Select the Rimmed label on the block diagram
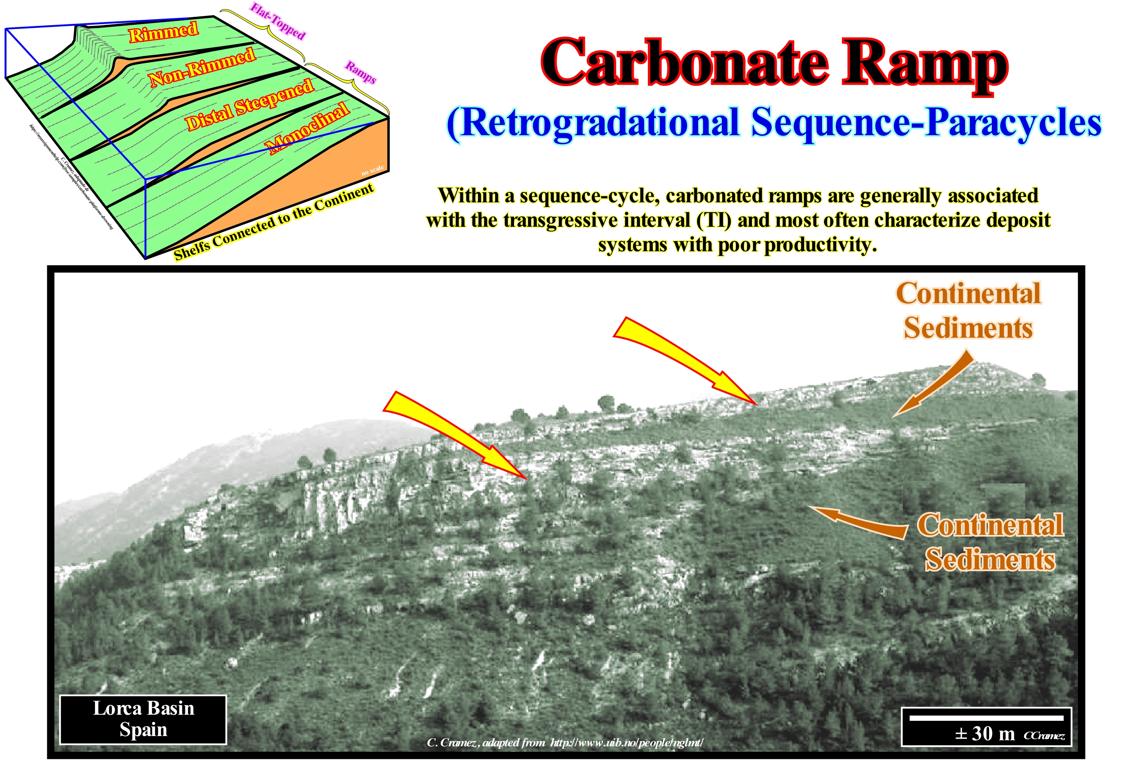(163, 32)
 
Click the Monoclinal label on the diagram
(308, 128)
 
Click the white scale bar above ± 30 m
(986, 717)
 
